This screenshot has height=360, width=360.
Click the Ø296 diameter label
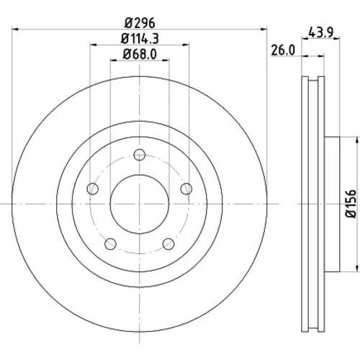(140, 23)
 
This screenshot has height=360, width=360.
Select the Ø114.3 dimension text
(140, 39)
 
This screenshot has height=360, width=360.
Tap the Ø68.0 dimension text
(140, 53)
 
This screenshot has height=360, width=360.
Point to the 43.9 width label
(320, 32)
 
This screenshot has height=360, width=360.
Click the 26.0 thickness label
(283, 50)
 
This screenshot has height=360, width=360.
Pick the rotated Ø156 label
(351, 204)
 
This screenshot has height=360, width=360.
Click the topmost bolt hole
(140, 155)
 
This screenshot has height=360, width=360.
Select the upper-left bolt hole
(93, 189)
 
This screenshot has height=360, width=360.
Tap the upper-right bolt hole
(186, 189)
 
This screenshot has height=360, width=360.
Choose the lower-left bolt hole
(110, 244)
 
